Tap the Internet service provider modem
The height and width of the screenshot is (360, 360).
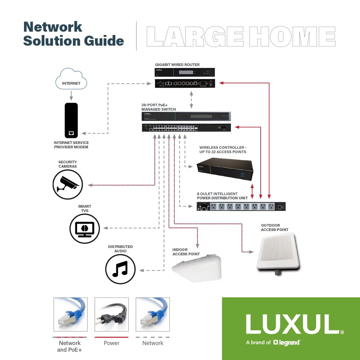71,120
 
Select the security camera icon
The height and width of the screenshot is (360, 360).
68,184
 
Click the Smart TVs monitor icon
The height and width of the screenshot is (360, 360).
85,229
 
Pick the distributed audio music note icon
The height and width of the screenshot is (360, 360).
120,269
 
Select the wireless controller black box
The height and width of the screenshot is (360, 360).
224,169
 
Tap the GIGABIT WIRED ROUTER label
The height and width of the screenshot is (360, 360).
177,65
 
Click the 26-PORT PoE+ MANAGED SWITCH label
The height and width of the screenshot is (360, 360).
159,107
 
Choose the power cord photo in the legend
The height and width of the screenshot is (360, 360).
112,314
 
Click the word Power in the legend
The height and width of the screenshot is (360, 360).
112,343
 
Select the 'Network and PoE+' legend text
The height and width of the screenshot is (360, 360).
70,346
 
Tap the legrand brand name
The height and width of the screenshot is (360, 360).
289,342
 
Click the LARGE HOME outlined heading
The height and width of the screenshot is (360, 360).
241,36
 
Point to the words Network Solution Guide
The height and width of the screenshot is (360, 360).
73,34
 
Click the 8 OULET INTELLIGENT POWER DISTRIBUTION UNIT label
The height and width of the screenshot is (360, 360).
222,196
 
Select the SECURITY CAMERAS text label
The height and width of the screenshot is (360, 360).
68,164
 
